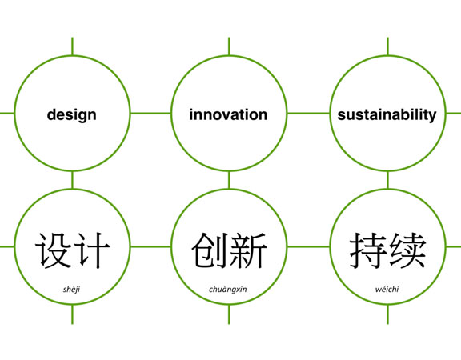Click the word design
[72, 115]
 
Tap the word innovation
[228, 114]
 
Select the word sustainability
[387, 115]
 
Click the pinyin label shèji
[71, 290]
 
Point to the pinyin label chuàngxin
[228, 290]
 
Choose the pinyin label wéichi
[387, 289]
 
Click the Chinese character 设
[53, 250]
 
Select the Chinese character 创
[210, 250]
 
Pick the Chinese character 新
[248, 250]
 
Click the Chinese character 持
[368, 250]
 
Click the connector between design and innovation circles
[150, 113]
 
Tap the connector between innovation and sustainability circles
[308, 113]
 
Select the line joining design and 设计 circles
[72, 180]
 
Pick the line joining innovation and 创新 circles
[229, 180]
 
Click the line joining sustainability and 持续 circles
[387, 180]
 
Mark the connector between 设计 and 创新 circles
[150, 246]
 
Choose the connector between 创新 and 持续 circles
[308, 246]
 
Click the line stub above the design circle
[72, 46]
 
